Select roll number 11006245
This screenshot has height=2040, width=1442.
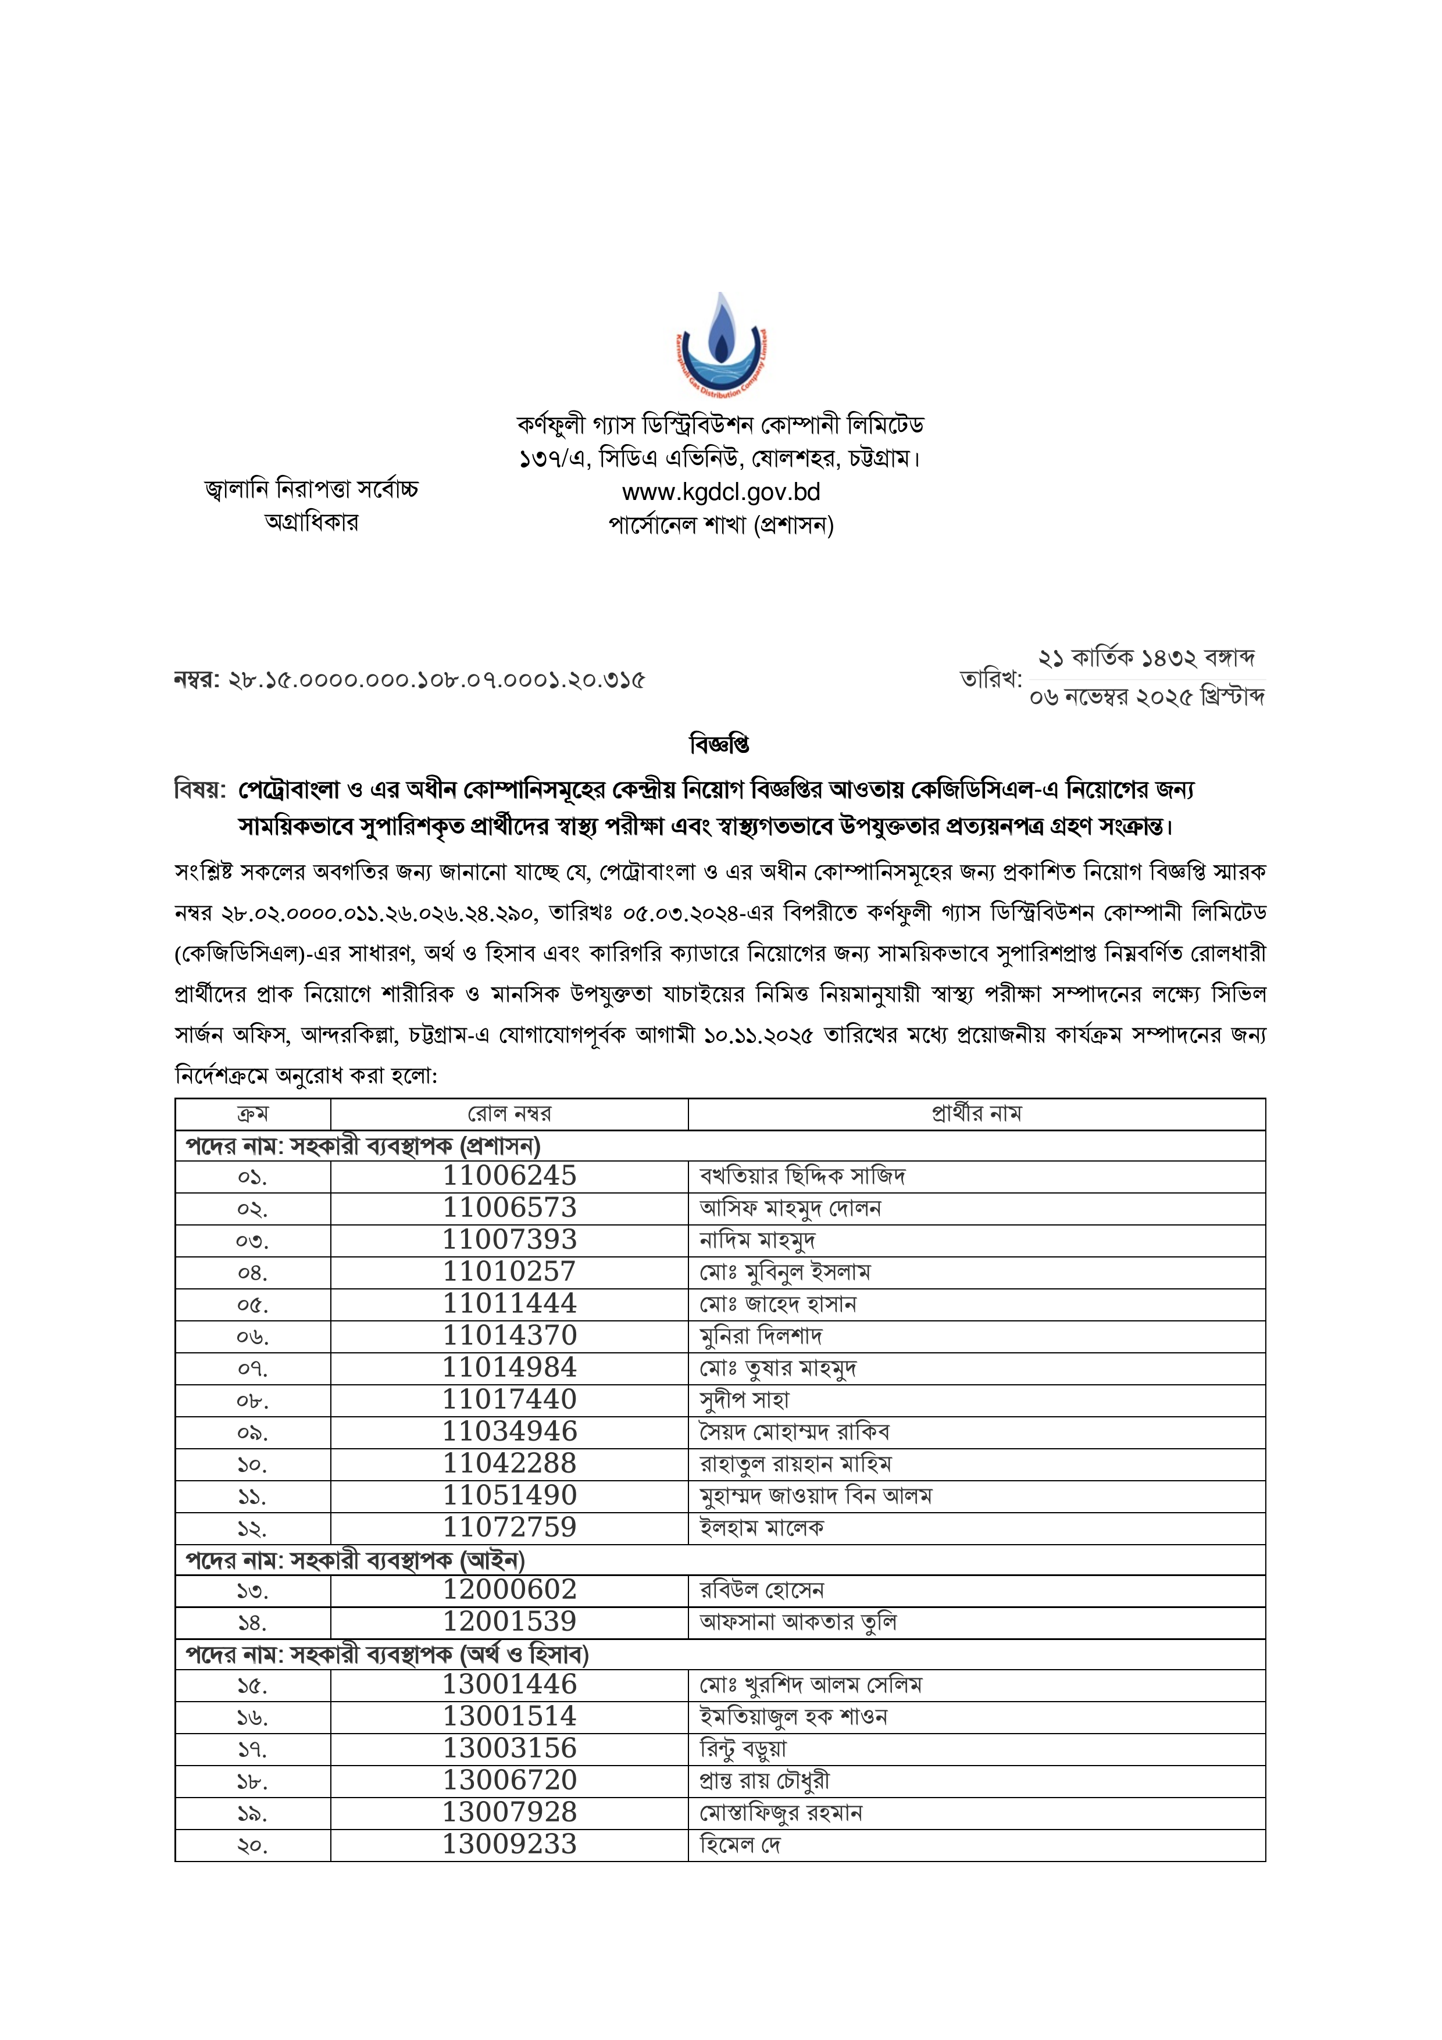tap(510, 1176)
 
